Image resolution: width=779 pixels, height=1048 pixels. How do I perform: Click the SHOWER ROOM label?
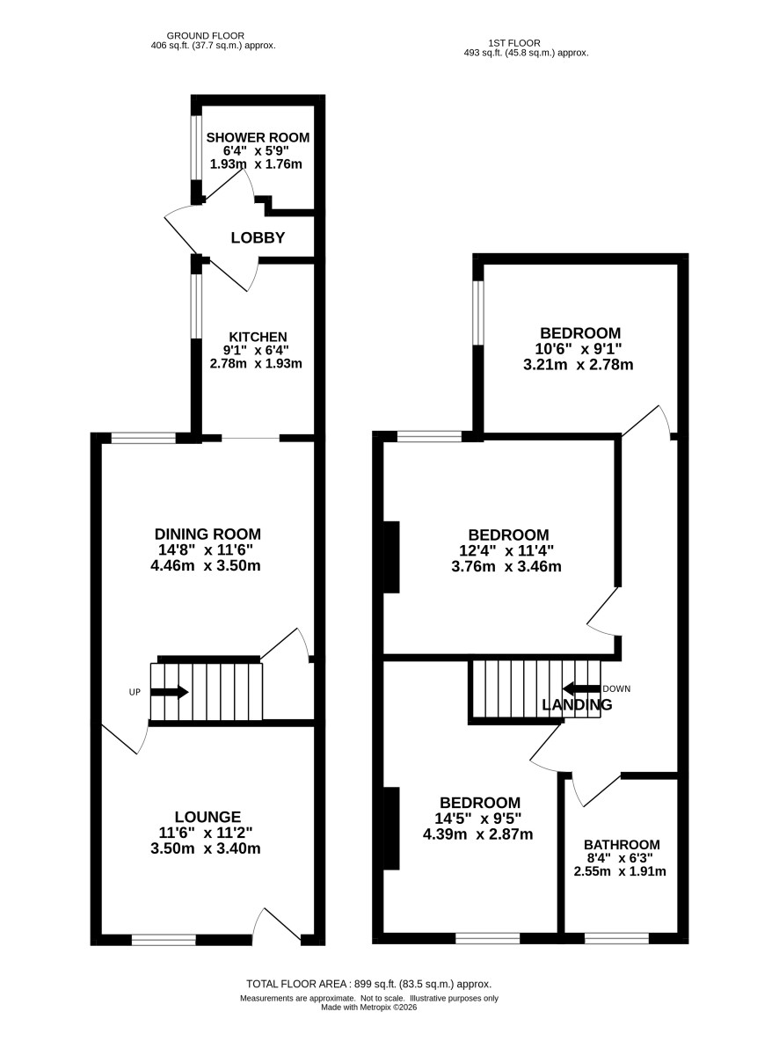point(258,138)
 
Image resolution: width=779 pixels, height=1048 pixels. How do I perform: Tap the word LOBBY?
point(258,238)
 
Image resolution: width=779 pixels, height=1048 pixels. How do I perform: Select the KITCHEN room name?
point(258,338)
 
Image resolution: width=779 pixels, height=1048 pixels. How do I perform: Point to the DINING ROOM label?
point(207,534)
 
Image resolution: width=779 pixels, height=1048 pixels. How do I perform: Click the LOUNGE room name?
point(207,817)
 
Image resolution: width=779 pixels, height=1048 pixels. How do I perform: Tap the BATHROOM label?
point(622,845)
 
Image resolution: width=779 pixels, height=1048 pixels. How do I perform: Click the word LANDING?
point(577,704)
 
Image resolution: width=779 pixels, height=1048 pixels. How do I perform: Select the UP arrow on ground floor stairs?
point(170,693)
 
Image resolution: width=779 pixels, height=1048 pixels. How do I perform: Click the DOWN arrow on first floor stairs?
point(581,688)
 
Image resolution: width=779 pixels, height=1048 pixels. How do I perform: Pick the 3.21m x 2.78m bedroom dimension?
point(578,365)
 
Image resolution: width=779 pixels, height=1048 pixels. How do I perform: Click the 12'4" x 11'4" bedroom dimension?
point(506,550)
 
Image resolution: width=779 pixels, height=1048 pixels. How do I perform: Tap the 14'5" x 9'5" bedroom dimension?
point(477,819)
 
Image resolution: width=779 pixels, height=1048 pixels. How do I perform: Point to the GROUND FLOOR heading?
point(205,35)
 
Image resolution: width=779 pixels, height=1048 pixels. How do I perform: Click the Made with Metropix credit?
point(368,1008)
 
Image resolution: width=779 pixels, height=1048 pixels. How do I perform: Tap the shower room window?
point(197,149)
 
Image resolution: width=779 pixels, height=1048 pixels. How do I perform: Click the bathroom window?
point(616,938)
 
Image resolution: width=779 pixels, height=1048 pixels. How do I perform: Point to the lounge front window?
point(164,940)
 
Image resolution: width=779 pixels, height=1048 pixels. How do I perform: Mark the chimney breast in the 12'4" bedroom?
point(391,557)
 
